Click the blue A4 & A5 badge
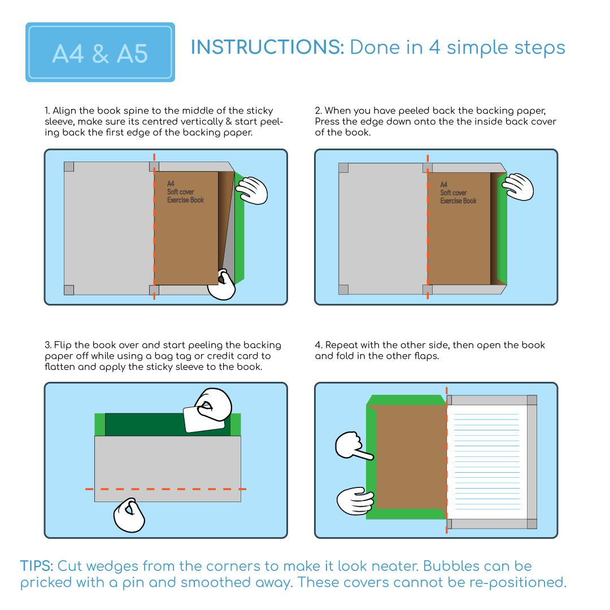(100, 52)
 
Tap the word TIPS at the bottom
(37, 566)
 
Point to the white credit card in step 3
(203, 419)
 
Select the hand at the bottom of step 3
(129, 515)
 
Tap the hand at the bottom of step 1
(222, 285)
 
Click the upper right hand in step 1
(252, 190)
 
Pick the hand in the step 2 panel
(518, 187)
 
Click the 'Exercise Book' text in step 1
(186, 200)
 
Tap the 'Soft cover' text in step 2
(453, 193)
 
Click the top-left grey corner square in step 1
(69, 167)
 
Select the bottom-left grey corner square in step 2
(343, 289)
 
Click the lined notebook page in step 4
(486, 462)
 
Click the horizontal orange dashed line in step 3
(165, 489)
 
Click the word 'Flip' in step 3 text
(63, 346)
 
